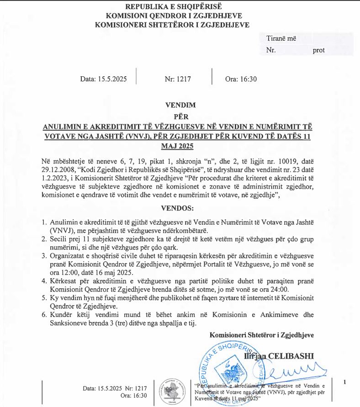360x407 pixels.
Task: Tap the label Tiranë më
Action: point(281,38)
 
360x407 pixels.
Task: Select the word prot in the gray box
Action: point(318,50)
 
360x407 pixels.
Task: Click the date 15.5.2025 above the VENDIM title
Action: point(103,79)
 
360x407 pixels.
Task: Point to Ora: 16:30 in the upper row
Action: point(241,79)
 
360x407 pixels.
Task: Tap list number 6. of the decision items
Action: point(44,315)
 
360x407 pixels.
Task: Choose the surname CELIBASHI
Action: point(292,356)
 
